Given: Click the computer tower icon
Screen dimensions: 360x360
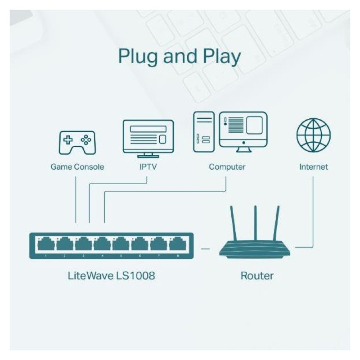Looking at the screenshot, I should tap(203, 132).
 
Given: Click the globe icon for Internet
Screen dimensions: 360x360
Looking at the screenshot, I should tap(314, 135).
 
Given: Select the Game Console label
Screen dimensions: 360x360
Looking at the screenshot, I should tap(77, 167).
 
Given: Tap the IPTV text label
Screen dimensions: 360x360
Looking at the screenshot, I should tap(148, 167).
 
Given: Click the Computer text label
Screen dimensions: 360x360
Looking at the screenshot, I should tap(227, 167).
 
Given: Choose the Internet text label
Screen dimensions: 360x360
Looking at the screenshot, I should tap(314, 167).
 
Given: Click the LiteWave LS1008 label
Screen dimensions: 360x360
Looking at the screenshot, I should tap(110, 275).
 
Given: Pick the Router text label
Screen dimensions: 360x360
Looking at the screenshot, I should tap(256, 275).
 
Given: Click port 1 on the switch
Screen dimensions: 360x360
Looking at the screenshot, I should tap(46, 244).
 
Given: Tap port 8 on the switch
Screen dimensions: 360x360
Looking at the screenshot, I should tap(177, 244).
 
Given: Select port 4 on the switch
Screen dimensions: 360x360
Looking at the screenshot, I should tap(102, 244).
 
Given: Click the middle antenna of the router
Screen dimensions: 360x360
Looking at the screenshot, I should tap(255, 223).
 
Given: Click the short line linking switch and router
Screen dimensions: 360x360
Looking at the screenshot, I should tap(206, 248).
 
